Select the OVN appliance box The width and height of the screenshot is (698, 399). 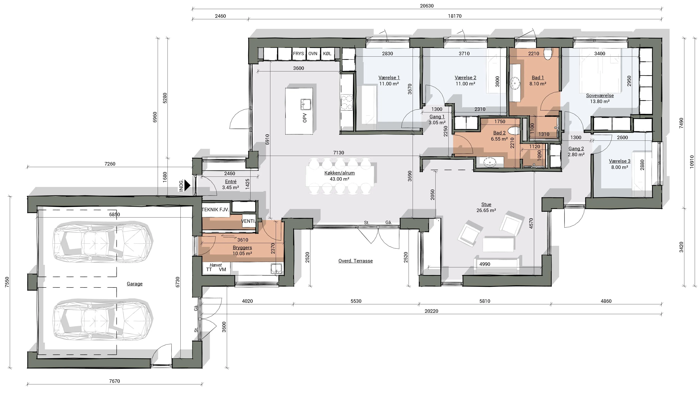(313, 54)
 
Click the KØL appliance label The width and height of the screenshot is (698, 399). (327, 54)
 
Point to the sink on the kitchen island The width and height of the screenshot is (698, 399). (306, 104)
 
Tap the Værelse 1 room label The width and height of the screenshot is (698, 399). (389, 78)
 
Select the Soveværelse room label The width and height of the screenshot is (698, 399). (600, 95)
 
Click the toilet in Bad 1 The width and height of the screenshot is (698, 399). (548, 54)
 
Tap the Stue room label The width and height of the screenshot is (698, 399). (486, 204)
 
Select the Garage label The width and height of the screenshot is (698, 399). (135, 284)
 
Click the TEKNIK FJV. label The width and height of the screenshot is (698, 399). (215, 210)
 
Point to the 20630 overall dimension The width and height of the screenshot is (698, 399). (427, 6)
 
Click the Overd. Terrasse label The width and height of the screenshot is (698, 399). (356, 261)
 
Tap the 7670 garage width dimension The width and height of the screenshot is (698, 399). (115, 381)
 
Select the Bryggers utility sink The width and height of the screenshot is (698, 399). (276, 269)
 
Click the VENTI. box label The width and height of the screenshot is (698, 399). (249, 221)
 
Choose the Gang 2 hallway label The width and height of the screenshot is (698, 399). (576, 149)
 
